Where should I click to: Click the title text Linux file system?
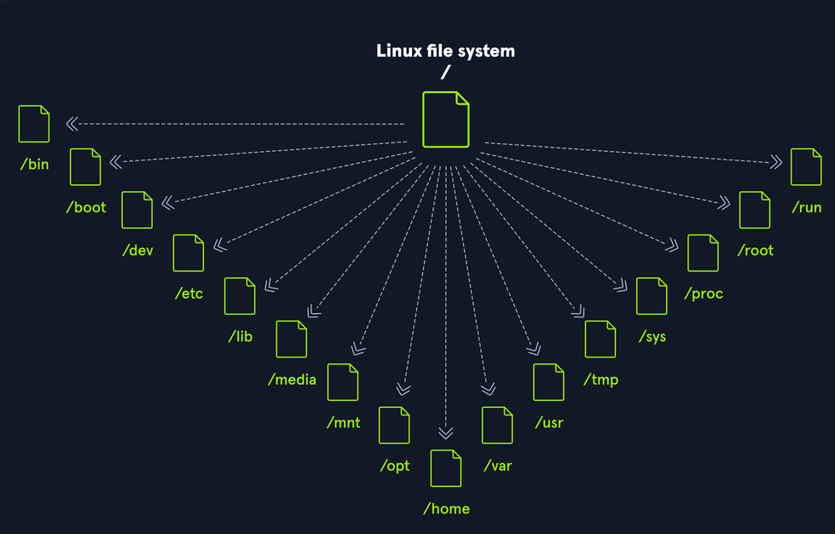[x=445, y=50]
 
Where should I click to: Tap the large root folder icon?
[x=446, y=119]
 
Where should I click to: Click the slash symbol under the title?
[x=444, y=73]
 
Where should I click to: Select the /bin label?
[x=35, y=164]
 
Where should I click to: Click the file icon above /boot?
[x=85, y=166]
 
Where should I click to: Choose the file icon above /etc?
[x=188, y=252]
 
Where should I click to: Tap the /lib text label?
[x=240, y=336]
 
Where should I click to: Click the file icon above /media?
[x=292, y=339]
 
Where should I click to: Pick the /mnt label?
[x=343, y=422]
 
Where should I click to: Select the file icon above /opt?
[x=395, y=425]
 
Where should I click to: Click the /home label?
[x=446, y=509]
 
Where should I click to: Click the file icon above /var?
[x=497, y=425]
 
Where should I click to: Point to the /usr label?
[x=548, y=422]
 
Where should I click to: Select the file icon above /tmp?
[x=600, y=339]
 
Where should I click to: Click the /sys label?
[x=652, y=336]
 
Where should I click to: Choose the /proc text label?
[x=704, y=293]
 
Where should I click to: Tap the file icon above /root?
[x=755, y=210]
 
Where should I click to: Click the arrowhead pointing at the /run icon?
[x=776, y=162]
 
